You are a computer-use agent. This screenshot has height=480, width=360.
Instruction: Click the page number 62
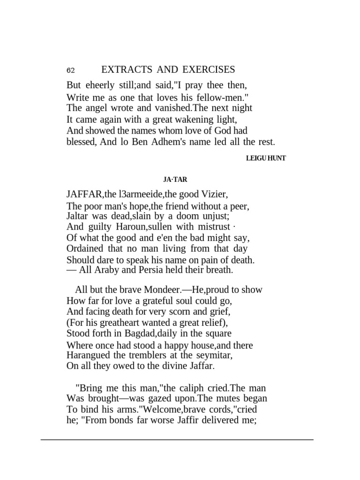pos(71,71)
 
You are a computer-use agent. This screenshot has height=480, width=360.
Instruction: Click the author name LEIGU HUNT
pos(266,158)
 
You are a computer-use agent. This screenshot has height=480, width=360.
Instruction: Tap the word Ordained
pos(88,248)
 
